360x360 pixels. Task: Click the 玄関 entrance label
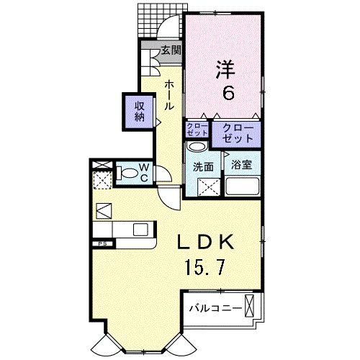point(170,50)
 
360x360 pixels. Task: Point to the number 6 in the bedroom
point(226,92)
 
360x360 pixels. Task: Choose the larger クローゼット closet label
point(237,132)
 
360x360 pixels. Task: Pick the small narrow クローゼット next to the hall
point(197,130)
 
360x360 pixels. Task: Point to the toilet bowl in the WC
point(127,173)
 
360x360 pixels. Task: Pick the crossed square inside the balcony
point(251,305)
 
